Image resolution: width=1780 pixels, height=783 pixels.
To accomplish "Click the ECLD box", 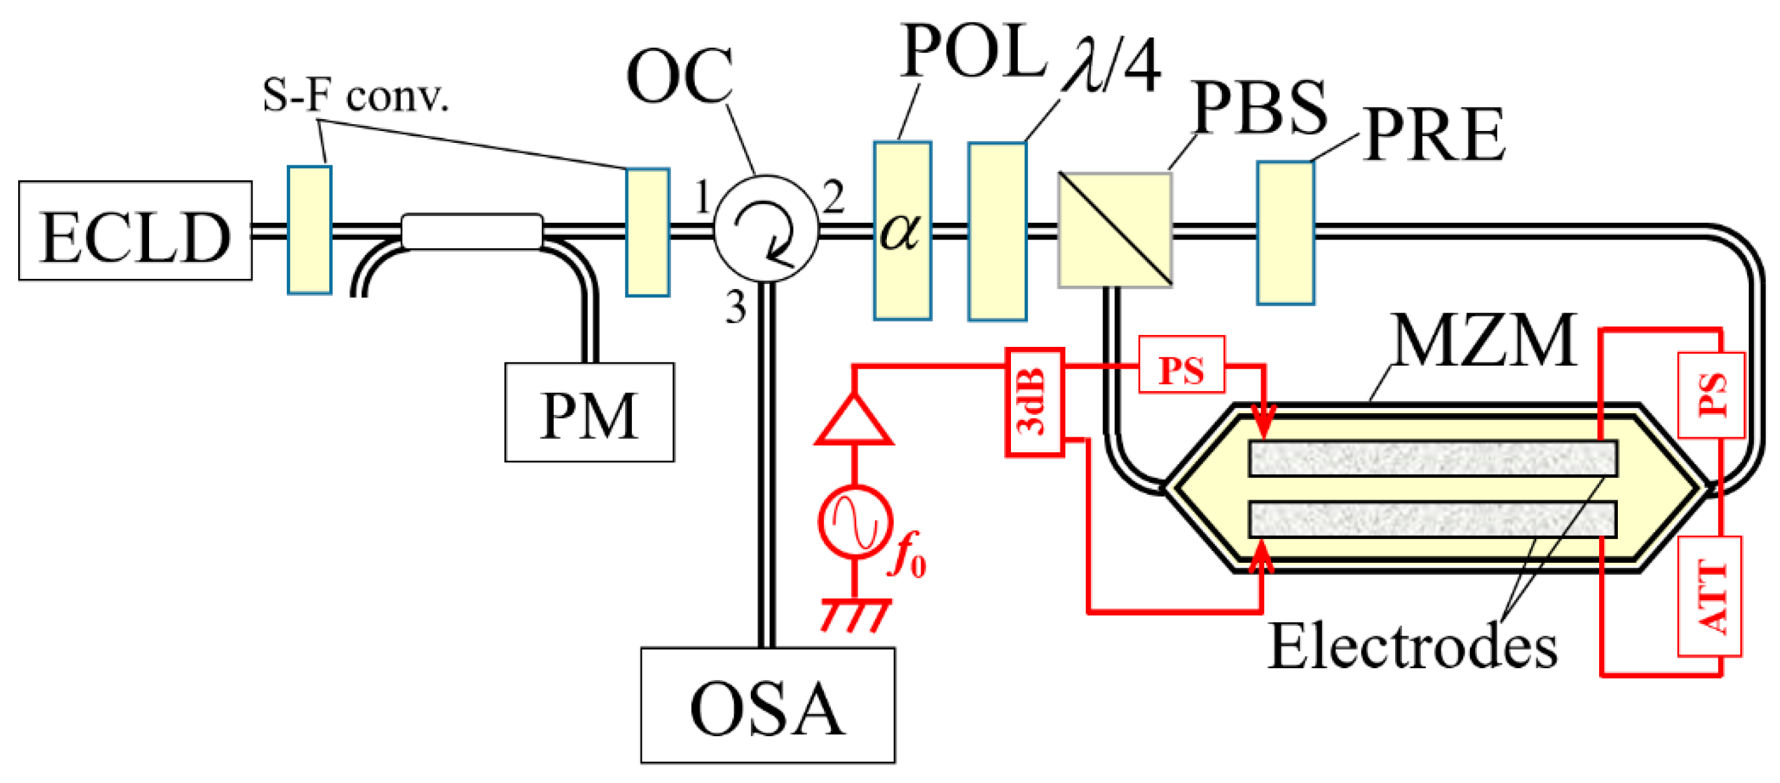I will coord(135,230).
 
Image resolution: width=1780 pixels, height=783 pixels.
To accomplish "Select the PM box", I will coord(589,412).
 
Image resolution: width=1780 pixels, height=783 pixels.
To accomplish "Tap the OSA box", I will coord(767,705).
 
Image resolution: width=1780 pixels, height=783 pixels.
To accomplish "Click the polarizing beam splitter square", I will coord(1115,230).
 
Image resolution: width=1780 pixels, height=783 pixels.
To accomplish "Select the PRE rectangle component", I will coord(1285,233).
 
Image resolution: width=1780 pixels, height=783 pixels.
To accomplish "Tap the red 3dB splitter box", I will coord(1033,402).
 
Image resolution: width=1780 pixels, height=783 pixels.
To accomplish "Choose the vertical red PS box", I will coord(1711,394).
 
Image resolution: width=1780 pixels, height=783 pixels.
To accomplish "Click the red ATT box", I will coord(1710,596).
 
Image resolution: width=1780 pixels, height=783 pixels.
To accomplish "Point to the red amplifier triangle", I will coord(854,421).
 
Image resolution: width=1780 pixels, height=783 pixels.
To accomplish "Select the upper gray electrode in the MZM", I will coord(1433,458).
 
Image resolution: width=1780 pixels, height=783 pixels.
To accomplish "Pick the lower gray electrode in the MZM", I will coord(1433,518).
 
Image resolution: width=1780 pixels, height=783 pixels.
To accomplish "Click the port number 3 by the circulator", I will coord(735,308).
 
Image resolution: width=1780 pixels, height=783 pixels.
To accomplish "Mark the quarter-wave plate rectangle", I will coord(997,231).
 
